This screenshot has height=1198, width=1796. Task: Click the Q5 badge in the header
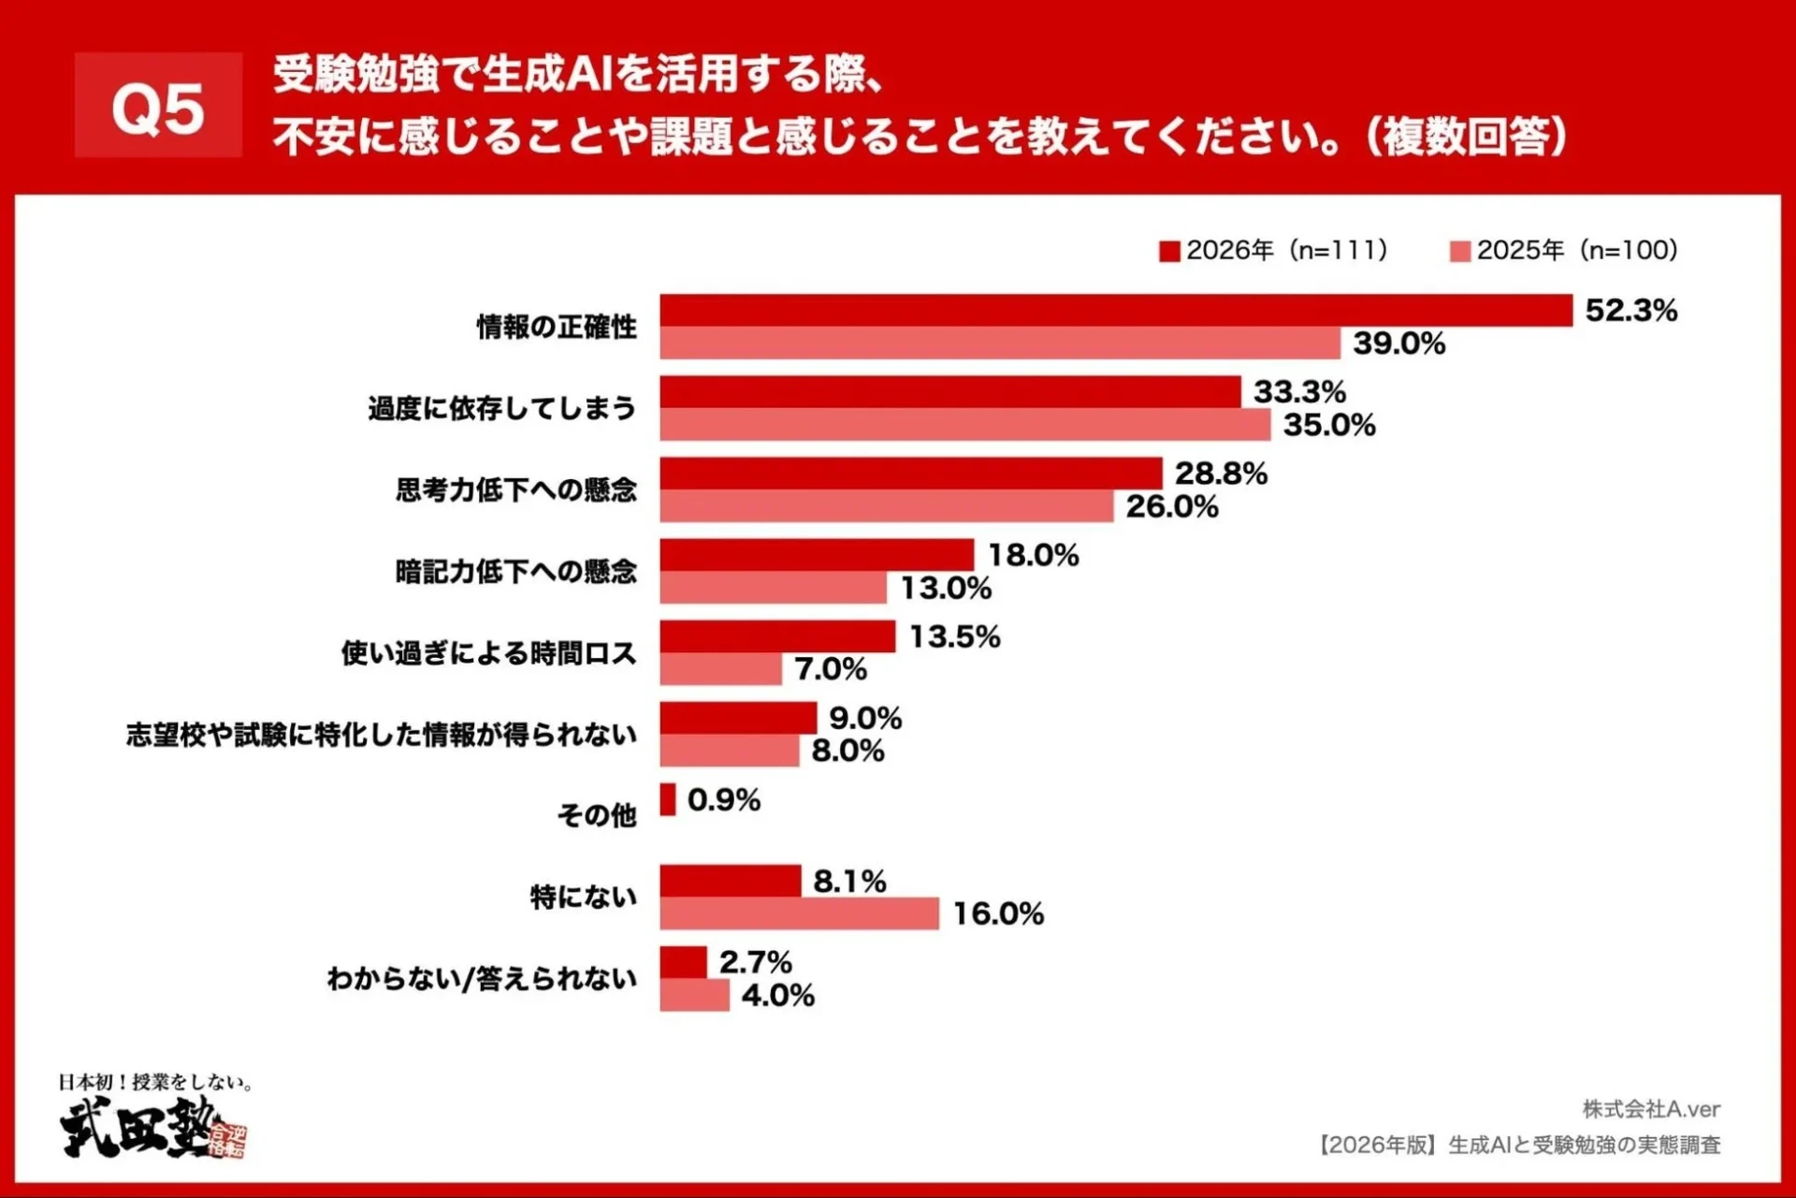[158, 106]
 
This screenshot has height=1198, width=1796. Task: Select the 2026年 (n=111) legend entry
[1273, 251]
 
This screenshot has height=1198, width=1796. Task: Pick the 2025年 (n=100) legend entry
[1564, 251]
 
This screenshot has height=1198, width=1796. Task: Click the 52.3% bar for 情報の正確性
[1115, 311]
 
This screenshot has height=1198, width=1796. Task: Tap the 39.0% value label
[1398, 343]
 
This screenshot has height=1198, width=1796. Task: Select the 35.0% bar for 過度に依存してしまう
[964, 425]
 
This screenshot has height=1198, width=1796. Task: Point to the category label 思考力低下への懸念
[515, 489]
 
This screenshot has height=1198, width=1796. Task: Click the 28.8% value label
[1221, 474]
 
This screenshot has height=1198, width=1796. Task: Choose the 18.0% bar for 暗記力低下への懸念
[817, 555]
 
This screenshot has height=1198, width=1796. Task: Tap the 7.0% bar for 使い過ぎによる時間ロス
[720, 669]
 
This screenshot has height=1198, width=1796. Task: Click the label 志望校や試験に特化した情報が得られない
[382, 735]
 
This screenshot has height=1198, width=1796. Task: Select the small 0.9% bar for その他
[667, 800]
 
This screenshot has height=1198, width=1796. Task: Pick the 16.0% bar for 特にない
[799, 913]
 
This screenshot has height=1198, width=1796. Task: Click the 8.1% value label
[849, 881]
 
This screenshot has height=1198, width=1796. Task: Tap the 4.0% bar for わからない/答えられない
[694, 995]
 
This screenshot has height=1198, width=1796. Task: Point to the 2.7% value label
[755, 962]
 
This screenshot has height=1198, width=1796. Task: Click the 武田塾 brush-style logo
[150, 1128]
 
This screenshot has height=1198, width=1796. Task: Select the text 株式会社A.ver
[1651, 1109]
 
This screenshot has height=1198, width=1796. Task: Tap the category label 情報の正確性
[557, 327]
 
